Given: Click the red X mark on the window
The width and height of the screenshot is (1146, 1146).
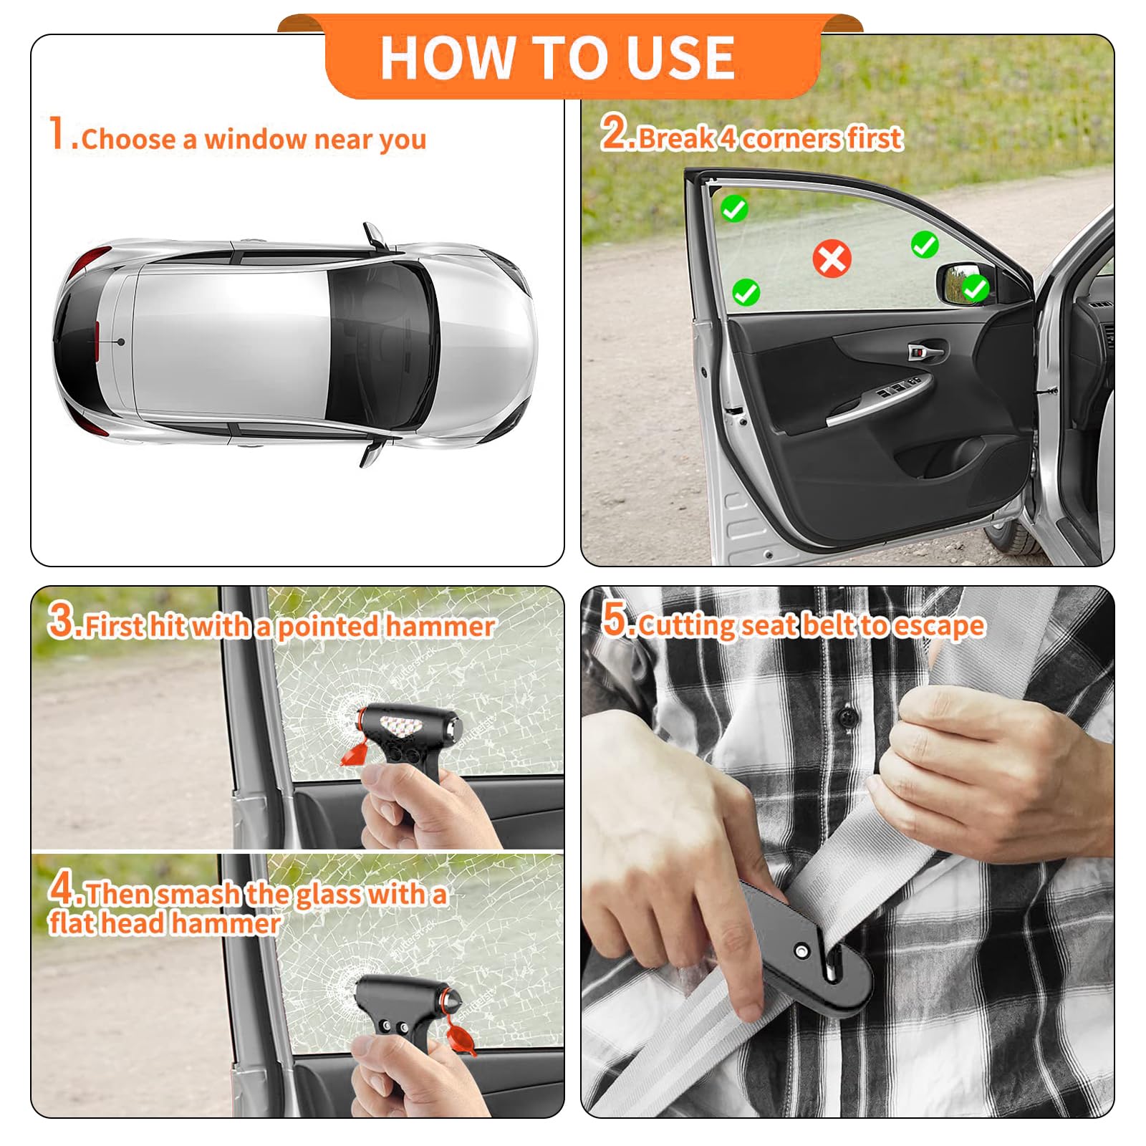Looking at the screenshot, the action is click(x=832, y=259).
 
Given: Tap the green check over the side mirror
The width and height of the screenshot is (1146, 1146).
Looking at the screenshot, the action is click(x=974, y=289).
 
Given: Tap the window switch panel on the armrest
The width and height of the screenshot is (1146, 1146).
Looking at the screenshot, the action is click(x=899, y=387).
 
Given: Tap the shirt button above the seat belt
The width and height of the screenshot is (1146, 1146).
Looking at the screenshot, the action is click(x=849, y=715).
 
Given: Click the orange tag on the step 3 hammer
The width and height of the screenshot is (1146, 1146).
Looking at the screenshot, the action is click(x=354, y=753).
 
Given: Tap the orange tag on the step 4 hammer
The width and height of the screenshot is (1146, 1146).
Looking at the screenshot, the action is click(x=461, y=1038).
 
